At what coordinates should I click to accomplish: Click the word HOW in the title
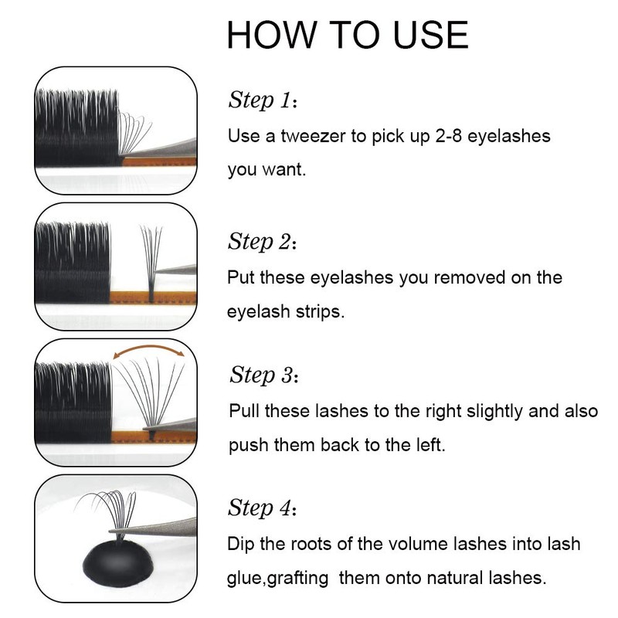(x=272, y=35)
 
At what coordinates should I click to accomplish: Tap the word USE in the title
(x=431, y=35)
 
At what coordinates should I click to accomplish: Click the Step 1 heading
(x=263, y=100)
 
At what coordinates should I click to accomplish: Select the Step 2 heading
(x=262, y=241)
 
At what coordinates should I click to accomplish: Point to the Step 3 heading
(x=263, y=375)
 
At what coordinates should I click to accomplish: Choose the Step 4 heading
(x=262, y=508)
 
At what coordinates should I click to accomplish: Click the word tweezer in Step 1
(x=313, y=136)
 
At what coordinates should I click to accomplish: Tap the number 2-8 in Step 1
(x=449, y=136)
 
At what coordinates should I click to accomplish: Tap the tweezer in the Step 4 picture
(x=158, y=528)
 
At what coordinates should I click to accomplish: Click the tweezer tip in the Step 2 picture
(x=156, y=271)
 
